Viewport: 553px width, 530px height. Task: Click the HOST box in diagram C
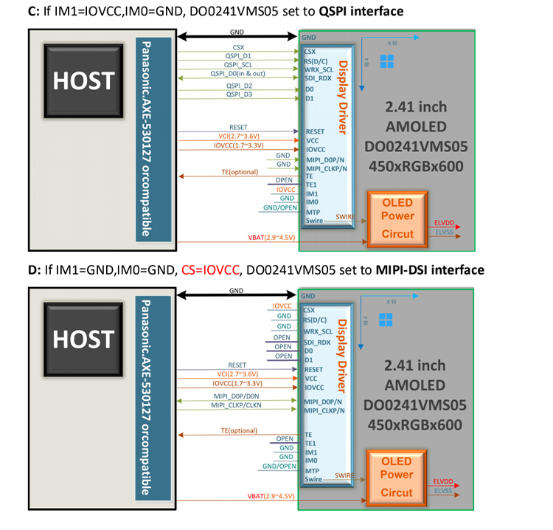(x=83, y=80)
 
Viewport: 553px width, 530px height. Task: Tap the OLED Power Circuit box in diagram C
(x=397, y=217)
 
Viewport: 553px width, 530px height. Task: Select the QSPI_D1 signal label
(x=238, y=55)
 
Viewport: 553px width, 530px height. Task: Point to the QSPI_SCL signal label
(x=238, y=64)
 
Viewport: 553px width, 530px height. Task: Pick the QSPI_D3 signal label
(x=239, y=94)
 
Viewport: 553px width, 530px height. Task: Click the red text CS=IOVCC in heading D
(x=209, y=270)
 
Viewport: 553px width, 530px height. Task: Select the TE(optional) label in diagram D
(x=238, y=430)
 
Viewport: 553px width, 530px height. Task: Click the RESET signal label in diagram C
(x=238, y=127)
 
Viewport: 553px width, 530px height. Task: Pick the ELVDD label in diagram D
(x=442, y=481)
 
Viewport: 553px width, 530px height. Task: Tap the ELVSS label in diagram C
(x=442, y=231)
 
